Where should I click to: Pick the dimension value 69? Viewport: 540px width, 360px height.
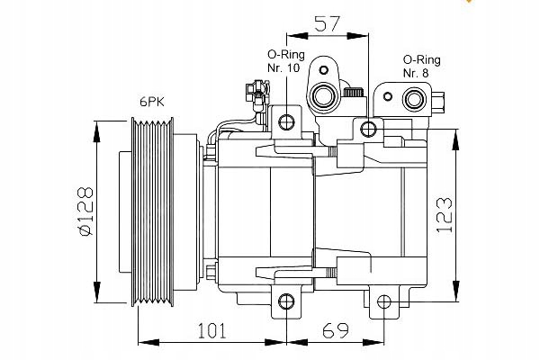pos(335,332)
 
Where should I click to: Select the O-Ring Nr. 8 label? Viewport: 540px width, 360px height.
pos(422,66)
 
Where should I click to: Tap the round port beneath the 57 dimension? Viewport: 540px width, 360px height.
pos(322,96)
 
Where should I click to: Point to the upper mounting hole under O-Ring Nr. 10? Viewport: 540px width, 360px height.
pos(287,122)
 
